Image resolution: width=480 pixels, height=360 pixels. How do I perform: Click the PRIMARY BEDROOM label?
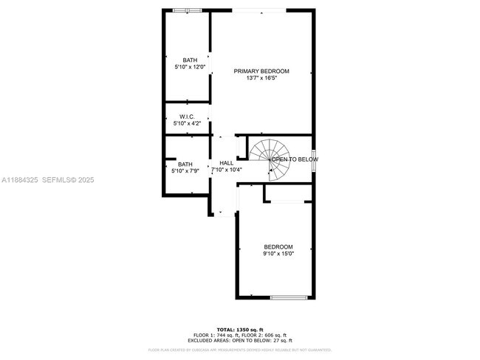pos(261,71)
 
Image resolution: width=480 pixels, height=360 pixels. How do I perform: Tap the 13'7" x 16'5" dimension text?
pos(261,77)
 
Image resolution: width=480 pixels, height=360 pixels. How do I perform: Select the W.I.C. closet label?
pos(186,117)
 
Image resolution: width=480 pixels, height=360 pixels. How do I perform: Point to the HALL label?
pos(227,163)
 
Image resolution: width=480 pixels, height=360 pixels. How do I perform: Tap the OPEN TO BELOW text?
pos(295,159)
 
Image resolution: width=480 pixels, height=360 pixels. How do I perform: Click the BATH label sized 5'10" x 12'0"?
pos(191,60)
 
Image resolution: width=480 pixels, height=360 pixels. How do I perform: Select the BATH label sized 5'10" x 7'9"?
pos(185,165)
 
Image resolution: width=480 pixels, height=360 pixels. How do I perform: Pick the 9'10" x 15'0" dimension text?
pos(278,254)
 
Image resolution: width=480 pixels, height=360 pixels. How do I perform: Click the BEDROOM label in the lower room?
pos(278,246)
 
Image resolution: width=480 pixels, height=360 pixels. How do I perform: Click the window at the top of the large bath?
pos(182,10)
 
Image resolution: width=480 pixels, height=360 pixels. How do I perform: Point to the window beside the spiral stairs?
pos(315,159)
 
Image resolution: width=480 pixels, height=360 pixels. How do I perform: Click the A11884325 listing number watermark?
pos(18,179)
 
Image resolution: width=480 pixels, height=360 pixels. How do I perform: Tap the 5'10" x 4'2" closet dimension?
pos(186,123)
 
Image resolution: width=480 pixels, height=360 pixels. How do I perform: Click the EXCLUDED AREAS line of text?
pos(239,340)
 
